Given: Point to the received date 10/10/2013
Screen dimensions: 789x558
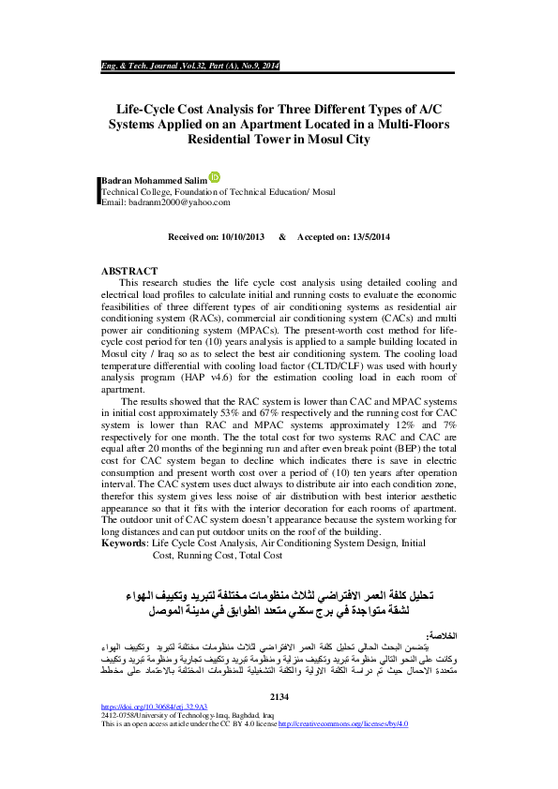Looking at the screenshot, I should click(x=243, y=237).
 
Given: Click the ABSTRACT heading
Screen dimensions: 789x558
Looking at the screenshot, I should click(x=128, y=270).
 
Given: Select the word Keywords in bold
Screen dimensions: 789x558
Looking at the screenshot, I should click(x=123, y=543).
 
